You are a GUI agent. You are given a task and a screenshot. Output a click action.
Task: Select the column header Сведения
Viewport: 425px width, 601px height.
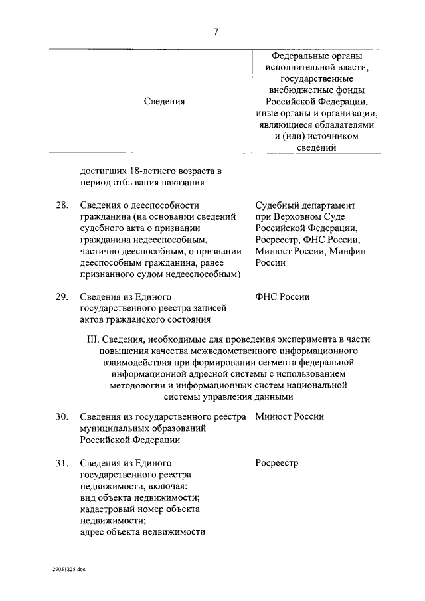click(x=164, y=101)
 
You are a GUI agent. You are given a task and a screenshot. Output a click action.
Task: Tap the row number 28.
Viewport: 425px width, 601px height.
click(x=62, y=205)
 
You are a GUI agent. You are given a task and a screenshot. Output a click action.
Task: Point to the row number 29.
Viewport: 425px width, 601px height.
click(x=62, y=296)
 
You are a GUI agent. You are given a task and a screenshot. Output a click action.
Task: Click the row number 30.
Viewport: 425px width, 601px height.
click(x=62, y=416)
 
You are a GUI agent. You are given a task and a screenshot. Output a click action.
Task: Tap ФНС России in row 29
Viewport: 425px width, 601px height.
click(x=282, y=296)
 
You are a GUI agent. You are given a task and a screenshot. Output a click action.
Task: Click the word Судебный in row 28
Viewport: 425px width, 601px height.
click(x=277, y=205)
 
